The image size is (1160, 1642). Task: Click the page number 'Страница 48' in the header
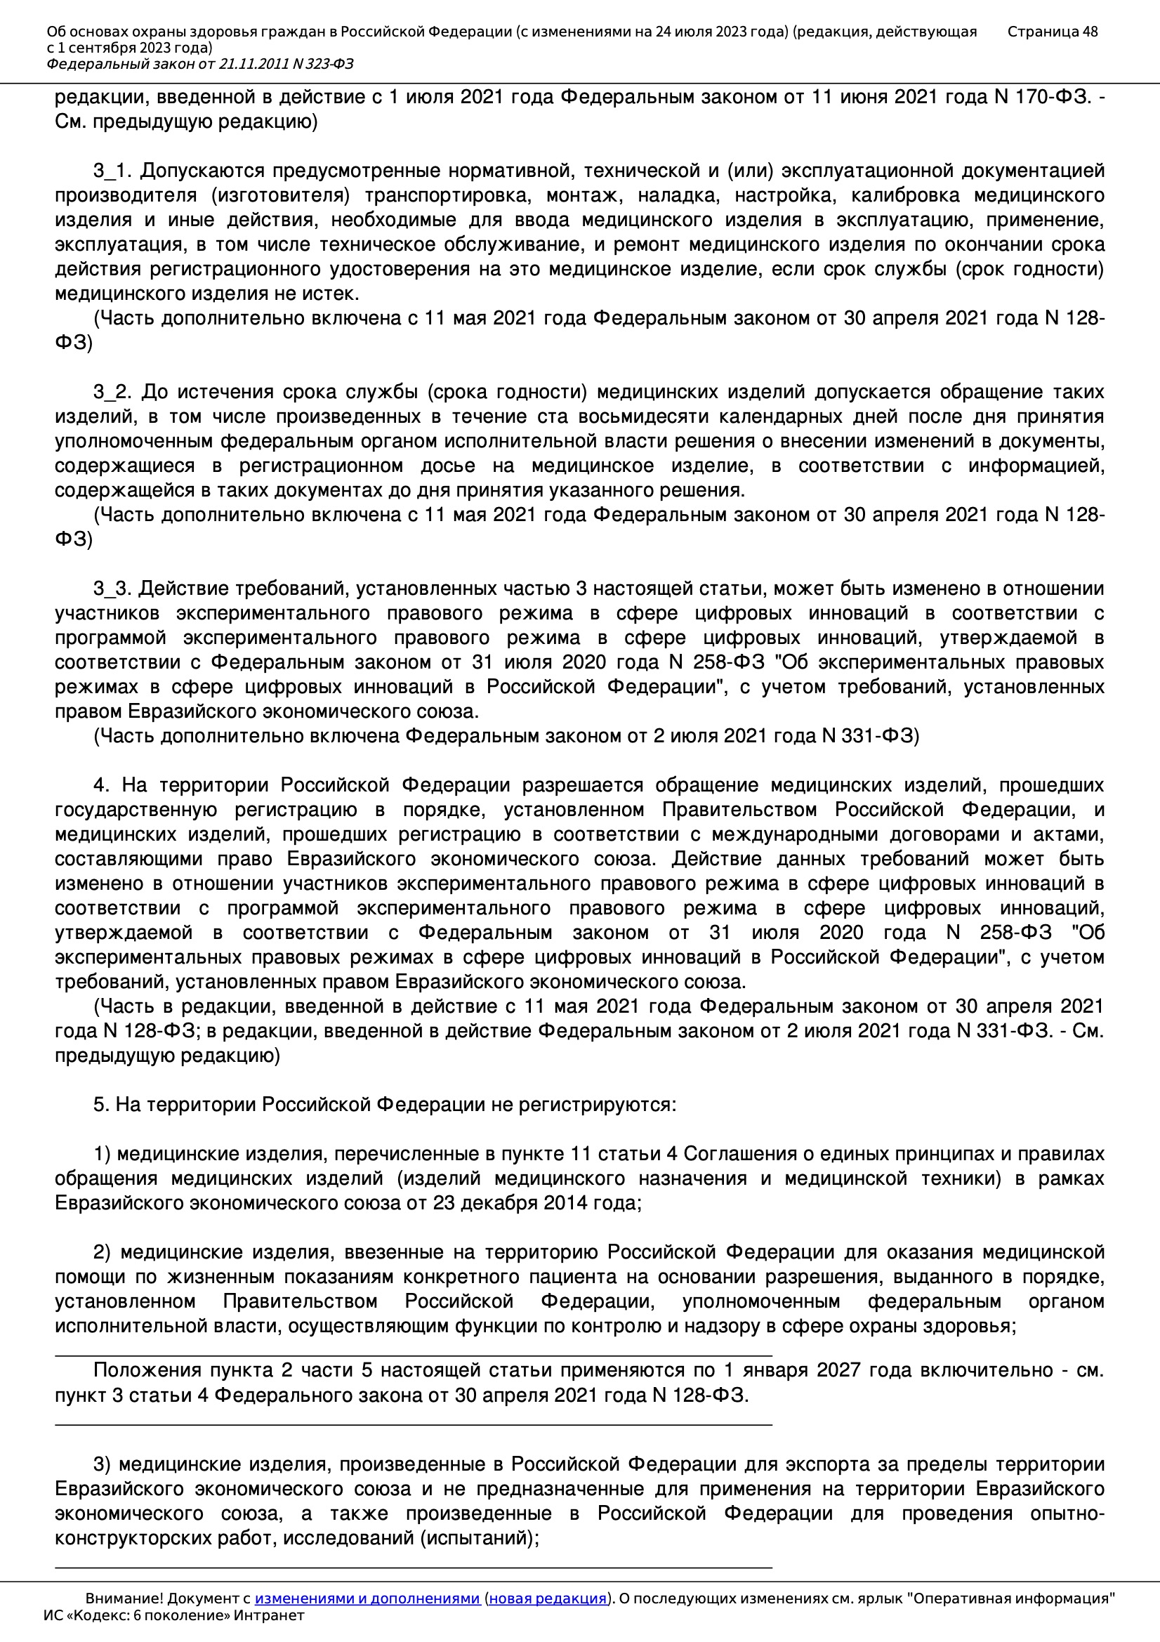pos(1052,32)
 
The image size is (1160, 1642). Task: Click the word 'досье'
pos(448,466)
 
